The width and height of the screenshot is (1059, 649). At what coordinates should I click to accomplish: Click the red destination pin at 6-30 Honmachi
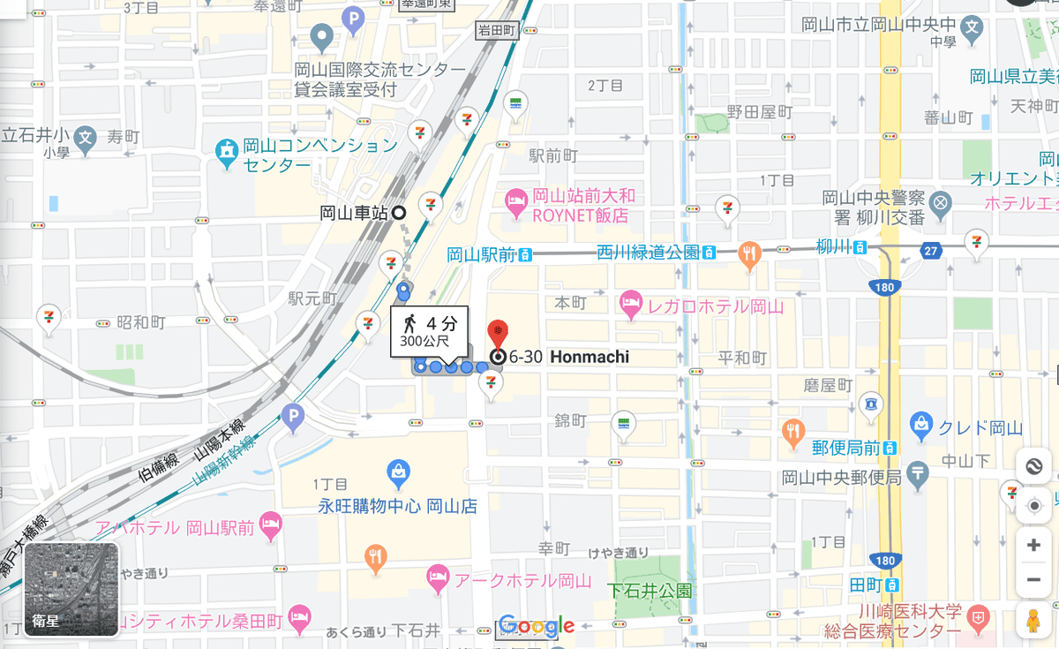tap(498, 335)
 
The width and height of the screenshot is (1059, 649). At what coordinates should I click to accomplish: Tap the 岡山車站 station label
tap(354, 213)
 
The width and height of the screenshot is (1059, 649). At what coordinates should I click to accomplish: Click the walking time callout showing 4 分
tap(429, 331)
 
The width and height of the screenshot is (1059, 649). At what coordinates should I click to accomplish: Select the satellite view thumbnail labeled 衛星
tap(71, 589)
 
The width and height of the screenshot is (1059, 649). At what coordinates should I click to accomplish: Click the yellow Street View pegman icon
tap(1033, 621)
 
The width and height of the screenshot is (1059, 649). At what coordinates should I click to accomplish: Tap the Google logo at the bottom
tap(537, 626)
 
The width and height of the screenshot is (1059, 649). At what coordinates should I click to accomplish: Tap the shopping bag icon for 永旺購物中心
tap(398, 472)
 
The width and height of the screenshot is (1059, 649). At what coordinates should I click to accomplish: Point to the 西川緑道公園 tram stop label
tap(648, 253)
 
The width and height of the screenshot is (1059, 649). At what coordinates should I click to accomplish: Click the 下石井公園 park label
tap(649, 591)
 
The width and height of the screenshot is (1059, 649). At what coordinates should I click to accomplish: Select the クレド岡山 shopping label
tap(980, 429)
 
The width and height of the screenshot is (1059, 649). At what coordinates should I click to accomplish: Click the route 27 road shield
tap(932, 251)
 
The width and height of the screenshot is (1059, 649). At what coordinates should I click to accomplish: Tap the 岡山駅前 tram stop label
tap(481, 255)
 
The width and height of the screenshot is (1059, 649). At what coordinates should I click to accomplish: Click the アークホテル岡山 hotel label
tap(522, 580)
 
